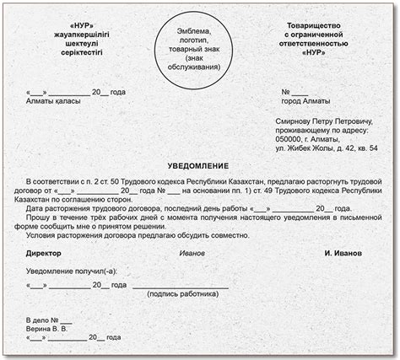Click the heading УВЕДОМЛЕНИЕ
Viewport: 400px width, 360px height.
coord(199,165)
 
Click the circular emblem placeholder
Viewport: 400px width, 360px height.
coord(200,49)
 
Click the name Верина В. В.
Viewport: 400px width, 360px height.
coord(51,330)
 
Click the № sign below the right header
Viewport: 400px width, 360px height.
coord(288,91)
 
